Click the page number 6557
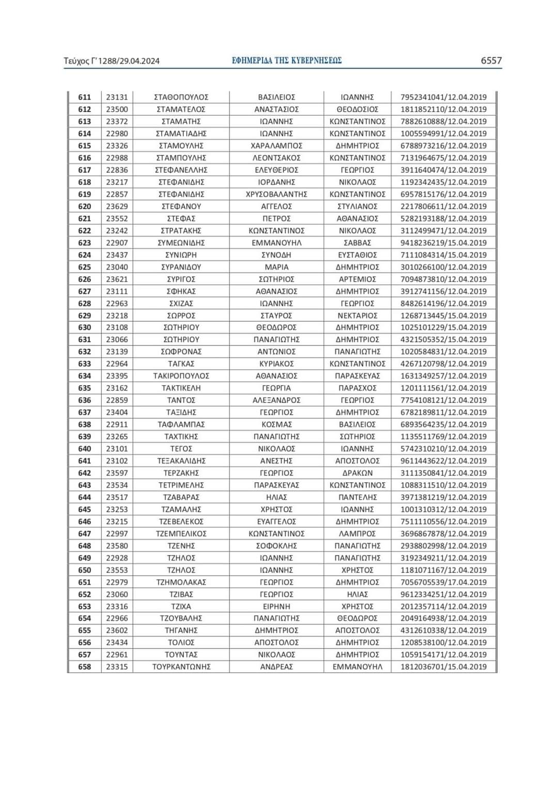[x=491, y=60]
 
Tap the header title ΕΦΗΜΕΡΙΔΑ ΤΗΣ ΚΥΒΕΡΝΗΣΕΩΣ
[x=287, y=60]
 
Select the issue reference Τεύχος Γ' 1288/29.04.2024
[x=112, y=61]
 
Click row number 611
[x=84, y=97]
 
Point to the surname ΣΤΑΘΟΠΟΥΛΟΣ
[x=181, y=97]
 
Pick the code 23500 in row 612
[x=117, y=109]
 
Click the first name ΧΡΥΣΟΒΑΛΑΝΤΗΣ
[x=276, y=194]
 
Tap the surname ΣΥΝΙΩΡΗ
[x=181, y=255]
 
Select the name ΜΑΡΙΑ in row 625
[x=276, y=267]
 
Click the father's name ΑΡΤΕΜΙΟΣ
[x=357, y=279]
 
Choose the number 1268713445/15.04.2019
[x=443, y=315]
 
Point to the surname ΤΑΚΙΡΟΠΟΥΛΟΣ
[x=181, y=376]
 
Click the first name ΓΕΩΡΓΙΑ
[x=276, y=388]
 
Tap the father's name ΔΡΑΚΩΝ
[x=357, y=473]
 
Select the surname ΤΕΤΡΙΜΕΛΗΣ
[x=181, y=485]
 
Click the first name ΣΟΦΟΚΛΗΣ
[x=276, y=546]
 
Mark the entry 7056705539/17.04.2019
[x=443, y=582]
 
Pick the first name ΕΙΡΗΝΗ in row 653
[x=276, y=606]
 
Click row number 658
[x=84, y=667]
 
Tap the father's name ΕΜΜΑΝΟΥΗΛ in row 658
[x=357, y=667]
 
